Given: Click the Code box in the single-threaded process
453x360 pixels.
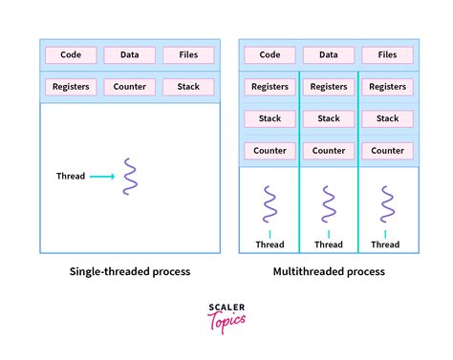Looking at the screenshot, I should tap(71, 55).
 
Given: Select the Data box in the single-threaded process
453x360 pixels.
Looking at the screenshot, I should tap(129, 55).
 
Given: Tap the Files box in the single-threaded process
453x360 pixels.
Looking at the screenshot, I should tap(188, 55).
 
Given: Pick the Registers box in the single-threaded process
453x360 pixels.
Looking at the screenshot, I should tap(71, 87).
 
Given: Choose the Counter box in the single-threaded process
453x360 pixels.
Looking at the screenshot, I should tap(129, 87).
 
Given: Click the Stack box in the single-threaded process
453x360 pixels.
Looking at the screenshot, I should tap(188, 87).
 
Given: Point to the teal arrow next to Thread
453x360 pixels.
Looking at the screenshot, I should tap(103, 176).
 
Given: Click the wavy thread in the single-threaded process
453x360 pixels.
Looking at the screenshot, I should tap(130, 177).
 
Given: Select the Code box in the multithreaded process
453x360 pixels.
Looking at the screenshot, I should tap(270, 55).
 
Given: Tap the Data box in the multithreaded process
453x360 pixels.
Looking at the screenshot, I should tap(329, 55).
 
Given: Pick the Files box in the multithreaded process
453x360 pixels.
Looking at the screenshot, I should tap(387, 55).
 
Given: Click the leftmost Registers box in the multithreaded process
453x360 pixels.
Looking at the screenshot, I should tap(270, 87).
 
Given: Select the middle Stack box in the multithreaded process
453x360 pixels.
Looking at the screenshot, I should tap(329, 118).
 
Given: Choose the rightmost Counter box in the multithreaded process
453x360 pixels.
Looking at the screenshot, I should tap(387, 150).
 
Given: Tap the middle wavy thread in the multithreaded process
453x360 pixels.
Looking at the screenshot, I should tap(329, 203).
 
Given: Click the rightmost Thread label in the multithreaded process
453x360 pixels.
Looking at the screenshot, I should tap(386, 244).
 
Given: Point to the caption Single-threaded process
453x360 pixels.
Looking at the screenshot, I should tap(130, 271).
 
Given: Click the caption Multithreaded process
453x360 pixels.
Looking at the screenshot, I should tap(328, 271).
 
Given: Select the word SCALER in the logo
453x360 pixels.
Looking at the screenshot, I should tap(226, 307).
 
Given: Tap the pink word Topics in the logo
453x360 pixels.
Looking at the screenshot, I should tap(227, 318).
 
